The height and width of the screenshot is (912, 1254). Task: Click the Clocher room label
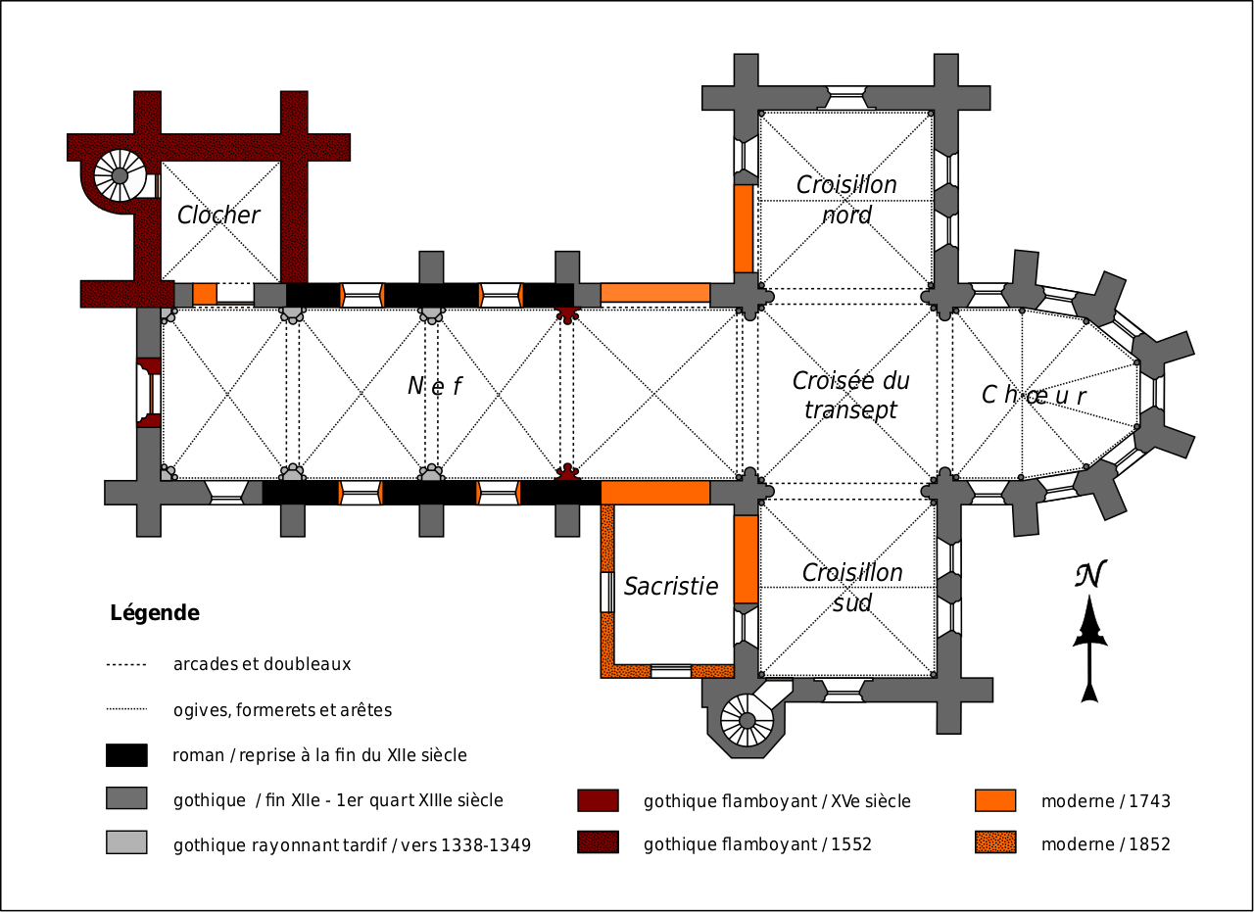(218, 216)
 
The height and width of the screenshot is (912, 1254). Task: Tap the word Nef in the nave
(434, 387)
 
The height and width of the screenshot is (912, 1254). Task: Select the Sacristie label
(671, 587)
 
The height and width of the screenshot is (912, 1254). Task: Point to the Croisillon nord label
(846, 200)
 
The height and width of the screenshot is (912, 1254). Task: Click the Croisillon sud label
(852, 588)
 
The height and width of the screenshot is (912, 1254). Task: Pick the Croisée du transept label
(850, 395)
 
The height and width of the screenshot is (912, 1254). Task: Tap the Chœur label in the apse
(1034, 395)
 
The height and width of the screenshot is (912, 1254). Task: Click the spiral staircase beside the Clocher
(120, 175)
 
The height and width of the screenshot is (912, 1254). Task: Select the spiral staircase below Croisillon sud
(747, 721)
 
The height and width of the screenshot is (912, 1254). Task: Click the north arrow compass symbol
(1089, 632)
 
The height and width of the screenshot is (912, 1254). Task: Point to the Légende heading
(155, 613)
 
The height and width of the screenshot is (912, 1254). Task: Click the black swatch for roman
(126, 755)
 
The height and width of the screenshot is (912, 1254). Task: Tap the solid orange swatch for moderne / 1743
(995, 800)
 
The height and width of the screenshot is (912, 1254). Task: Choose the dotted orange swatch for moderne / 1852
(995, 842)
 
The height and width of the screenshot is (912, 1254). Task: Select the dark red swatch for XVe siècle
(598, 800)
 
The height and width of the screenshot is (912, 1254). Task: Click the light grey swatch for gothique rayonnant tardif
(126, 842)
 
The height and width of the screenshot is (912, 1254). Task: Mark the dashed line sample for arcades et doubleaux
(126, 665)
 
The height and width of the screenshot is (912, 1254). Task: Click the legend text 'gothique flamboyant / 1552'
(757, 844)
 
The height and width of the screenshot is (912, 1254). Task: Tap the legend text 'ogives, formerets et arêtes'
(282, 710)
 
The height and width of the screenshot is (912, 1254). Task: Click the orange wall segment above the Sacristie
(655, 492)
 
